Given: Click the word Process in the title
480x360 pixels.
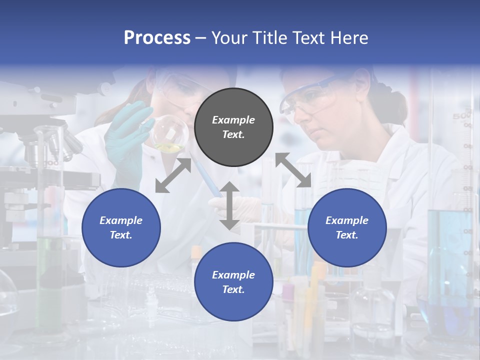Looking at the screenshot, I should [x=157, y=38].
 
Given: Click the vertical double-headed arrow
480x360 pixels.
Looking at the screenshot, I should [x=229, y=205].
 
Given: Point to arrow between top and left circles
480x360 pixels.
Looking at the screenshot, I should [x=173, y=175].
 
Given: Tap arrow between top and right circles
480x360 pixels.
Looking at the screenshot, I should [x=293, y=170].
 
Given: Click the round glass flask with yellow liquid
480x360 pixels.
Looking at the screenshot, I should [x=170, y=133].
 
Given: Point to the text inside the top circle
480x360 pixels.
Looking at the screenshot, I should [x=233, y=127].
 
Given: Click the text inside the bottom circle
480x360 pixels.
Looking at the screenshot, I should [x=233, y=282].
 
